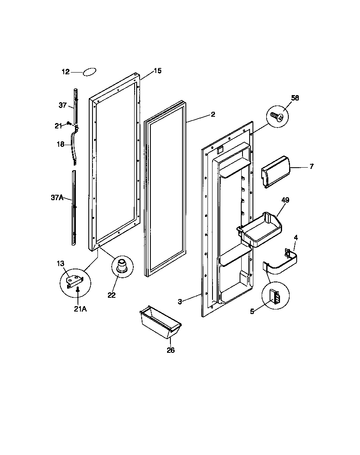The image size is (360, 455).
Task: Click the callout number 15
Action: (157, 71)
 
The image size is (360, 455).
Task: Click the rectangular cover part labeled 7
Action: (275, 171)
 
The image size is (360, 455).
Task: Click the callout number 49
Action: (285, 200)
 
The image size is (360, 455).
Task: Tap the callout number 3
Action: (180, 302)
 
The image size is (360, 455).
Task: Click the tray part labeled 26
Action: (160, 322)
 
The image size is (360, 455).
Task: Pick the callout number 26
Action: (171, 350)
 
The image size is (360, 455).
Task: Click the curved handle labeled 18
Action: (75, 146)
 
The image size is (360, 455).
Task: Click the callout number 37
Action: (62, 106)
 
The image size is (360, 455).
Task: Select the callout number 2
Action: (213, 114)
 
